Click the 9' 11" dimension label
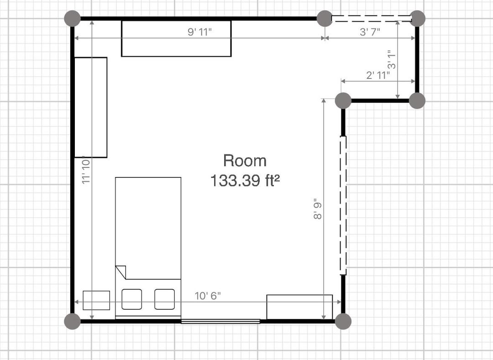(199, 32)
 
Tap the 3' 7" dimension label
(370, 32)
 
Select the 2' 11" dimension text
(378, 75)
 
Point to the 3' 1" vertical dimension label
(392, 60)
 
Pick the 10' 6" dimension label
(208, 296)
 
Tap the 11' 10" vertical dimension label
(86, 170)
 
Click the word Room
(245, 161)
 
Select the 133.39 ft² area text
(245, 181)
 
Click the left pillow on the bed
(132, 299)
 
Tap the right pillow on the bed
(164, 299)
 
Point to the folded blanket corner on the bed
(121, 272)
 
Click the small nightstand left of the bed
(96, 300)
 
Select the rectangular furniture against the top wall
(176, 39)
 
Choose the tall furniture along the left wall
(90, 107)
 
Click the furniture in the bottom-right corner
(299, 307)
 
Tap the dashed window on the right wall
(343, 205)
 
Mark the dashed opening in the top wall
(371, 19)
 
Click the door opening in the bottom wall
(220, 321)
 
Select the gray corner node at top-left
(72, 19)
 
